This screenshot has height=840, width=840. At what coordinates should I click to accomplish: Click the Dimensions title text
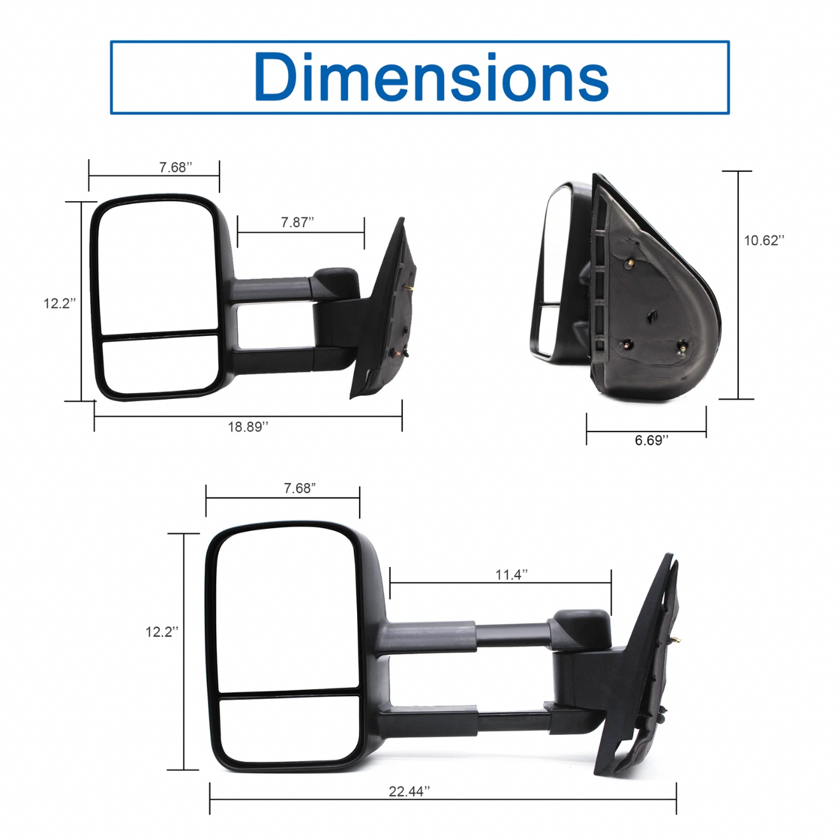coord(431,76)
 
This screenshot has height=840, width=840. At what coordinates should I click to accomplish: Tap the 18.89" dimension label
coord(248,427)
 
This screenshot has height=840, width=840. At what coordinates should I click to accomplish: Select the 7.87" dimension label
coord(297,222)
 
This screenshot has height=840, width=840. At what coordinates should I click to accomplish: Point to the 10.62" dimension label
coord(764,241)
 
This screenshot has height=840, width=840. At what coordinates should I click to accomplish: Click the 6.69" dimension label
coord(651,440)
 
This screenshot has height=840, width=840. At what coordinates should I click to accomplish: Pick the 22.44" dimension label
coord(409,791)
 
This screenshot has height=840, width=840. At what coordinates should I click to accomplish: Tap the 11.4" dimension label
coord(512,575)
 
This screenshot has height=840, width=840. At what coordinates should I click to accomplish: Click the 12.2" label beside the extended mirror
coord(162,632)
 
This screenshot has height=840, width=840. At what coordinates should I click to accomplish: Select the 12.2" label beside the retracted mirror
coord(60,303)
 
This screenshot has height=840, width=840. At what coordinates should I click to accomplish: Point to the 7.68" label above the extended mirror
coord(300,488)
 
